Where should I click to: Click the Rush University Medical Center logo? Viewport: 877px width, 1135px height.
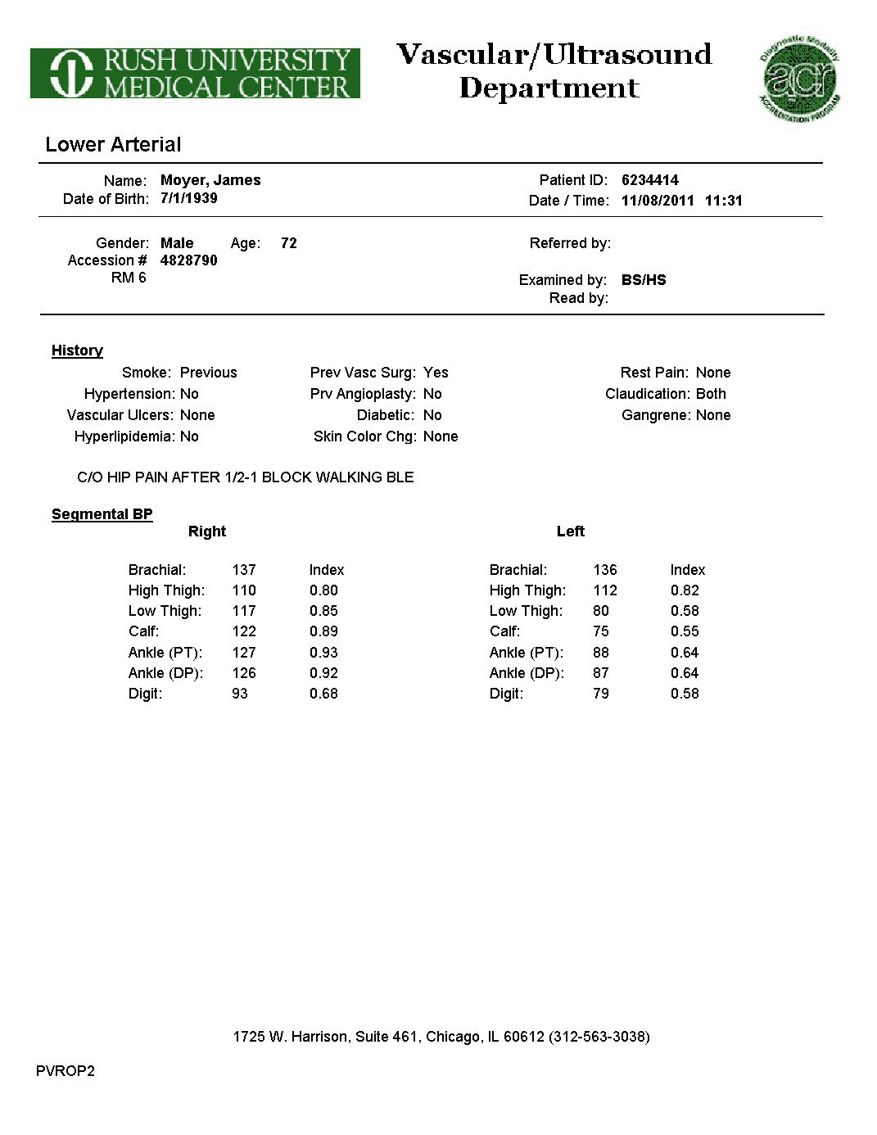pyautogui.click(x=195, y=74)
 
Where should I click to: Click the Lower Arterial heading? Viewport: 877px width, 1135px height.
pyautogui.click(x=113, y=145)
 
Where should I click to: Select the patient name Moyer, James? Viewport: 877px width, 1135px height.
pyautogui.click(x=210, y=180)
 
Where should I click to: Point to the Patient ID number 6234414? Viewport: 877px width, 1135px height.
pyautogui.click(x=650, y=180)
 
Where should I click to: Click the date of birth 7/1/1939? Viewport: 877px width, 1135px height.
pyautogui.click(x=189, y=198)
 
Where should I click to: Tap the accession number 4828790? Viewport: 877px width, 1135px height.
pyautogui.click(x=189, y=260)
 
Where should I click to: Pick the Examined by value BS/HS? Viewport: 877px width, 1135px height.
pyautogui.click(x=644, y=280)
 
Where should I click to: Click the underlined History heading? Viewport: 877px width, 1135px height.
pyautogui.click(x=77, y=350)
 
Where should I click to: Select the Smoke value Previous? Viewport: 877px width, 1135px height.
pyautogui.click(x=208, y=373)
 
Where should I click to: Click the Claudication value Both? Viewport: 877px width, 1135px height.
pyautogui.click(x=711, y=394)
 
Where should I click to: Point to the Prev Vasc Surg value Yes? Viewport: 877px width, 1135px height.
pyautogui.click(x=436, y=373)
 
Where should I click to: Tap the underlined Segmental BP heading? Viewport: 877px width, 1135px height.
pyautogui.click(x=102, y=514)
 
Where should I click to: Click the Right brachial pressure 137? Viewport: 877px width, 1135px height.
pyautogui.click(x=244, y=570)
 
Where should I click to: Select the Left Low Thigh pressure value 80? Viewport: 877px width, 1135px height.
pyautogui.click(x=601, y=611)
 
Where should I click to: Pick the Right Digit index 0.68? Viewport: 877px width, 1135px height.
pyautogui.click(x=323, y=694)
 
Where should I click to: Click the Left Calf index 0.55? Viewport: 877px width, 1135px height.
pyautogui.click(x=685, y=631)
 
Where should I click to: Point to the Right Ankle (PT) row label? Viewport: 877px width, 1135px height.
pyautogui.click(x=165, y=653)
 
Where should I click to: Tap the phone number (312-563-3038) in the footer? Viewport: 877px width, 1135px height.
pyautogui.click(x=599, y=1037)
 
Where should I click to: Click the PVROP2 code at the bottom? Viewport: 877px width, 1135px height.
pyautogui.click(x=66, y=1071)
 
